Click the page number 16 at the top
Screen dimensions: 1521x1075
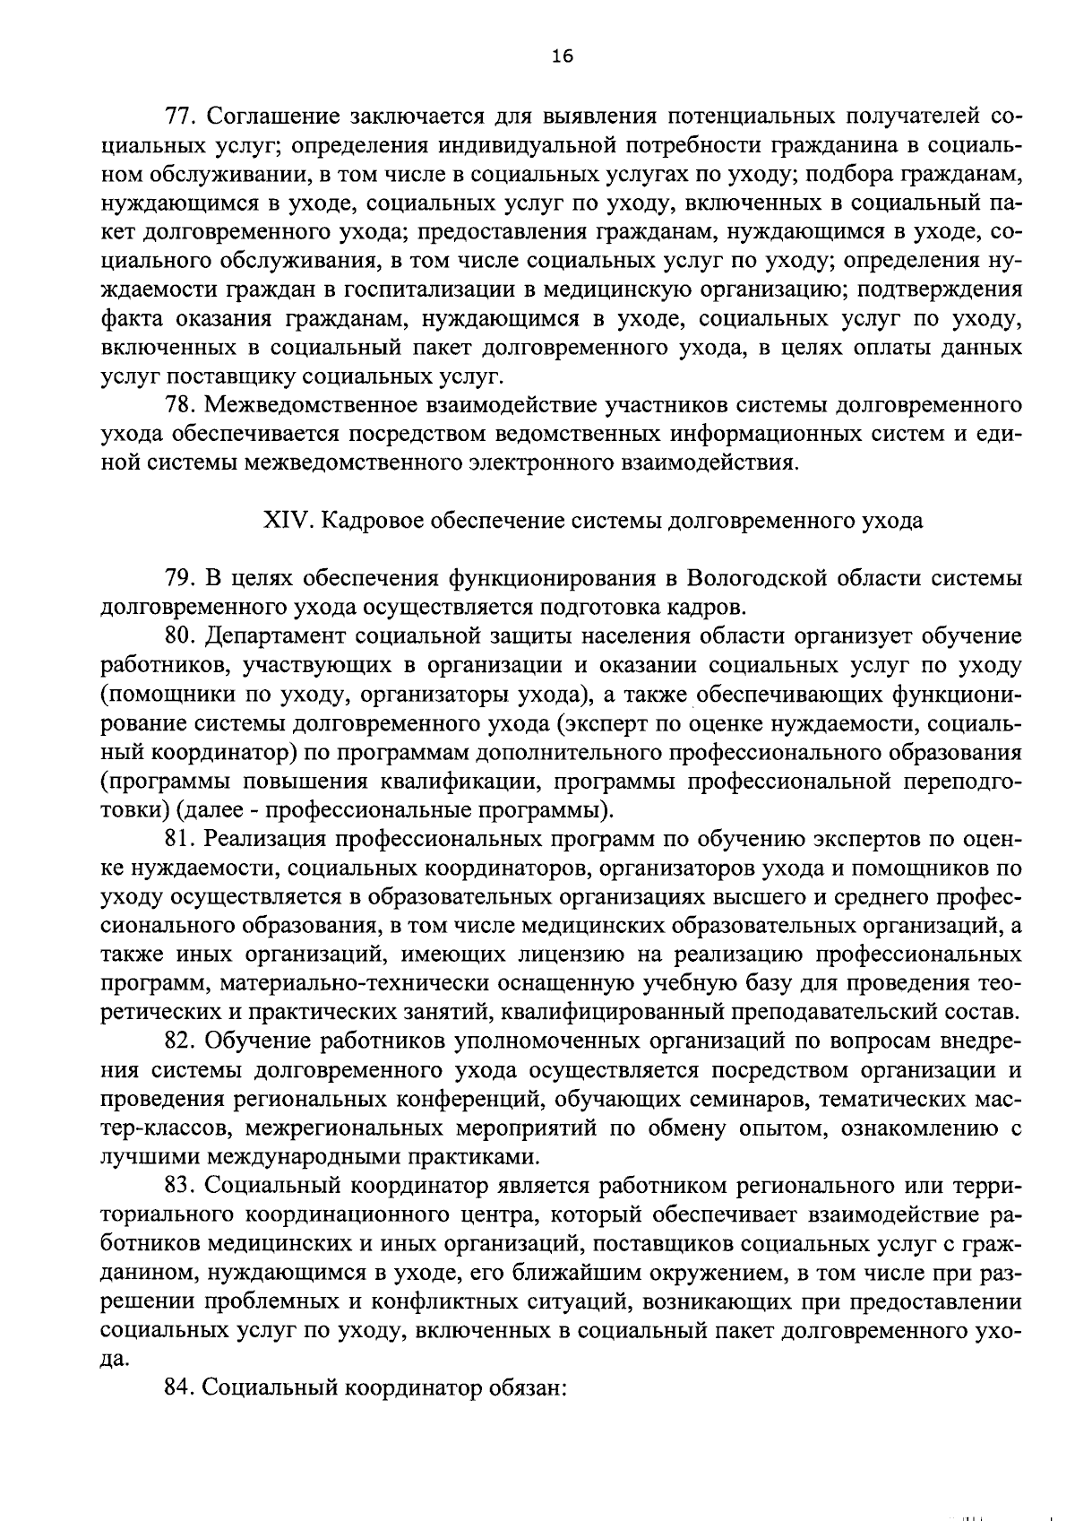coord(562,56)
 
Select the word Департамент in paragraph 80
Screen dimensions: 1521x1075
coord(274,636)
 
